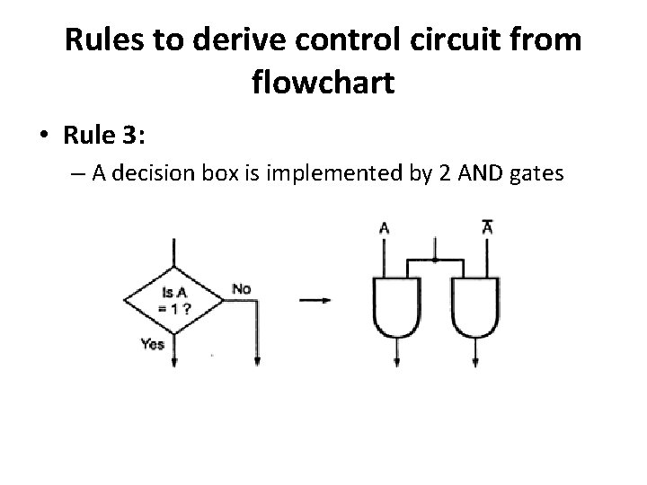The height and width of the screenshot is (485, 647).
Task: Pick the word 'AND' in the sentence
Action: [483, 175]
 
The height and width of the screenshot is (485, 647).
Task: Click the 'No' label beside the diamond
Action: [241, 288]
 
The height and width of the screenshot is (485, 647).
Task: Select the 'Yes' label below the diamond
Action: [153, 344]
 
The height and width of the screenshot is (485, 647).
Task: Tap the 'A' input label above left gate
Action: [385, 228]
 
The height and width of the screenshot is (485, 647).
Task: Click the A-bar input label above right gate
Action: [487, 227]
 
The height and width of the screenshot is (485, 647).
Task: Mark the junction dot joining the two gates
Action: [436, 260]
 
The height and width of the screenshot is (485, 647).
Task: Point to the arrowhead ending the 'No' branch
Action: [257, 361]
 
